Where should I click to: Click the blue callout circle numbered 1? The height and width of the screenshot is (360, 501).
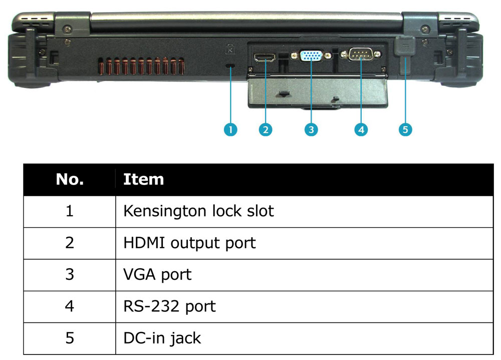230,129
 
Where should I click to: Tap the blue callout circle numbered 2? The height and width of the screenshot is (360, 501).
266,129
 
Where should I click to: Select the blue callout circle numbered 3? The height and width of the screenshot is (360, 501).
311,129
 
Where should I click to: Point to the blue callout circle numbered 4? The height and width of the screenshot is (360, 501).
361,129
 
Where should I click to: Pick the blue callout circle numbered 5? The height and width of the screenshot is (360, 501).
405,129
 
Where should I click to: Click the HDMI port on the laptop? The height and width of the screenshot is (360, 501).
265,58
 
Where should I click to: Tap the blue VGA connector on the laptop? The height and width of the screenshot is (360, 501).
311,56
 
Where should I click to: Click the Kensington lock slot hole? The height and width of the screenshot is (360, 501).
230,66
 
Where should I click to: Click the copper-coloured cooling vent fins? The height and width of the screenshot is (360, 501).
141,66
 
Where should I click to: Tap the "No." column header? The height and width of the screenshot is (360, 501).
70,179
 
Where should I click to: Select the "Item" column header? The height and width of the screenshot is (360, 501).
143,179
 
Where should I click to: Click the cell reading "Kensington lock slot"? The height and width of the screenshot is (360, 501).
198,211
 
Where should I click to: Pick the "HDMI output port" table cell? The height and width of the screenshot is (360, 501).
189,243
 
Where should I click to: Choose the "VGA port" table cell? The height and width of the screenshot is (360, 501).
157,275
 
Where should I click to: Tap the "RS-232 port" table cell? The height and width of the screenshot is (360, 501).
169,306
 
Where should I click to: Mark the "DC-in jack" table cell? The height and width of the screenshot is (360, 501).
162,338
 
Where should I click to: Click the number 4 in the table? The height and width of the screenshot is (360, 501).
70,306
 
